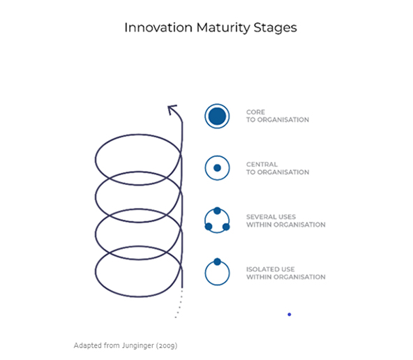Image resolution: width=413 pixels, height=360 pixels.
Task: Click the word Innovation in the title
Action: pos(158,27)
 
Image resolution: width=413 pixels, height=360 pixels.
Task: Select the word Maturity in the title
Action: pos(223,28)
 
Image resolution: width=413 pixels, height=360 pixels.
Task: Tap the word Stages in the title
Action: pos(276,28)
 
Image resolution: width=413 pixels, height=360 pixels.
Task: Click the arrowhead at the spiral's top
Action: pos(172,110)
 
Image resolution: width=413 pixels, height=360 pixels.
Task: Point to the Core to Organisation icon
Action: pos(217,116)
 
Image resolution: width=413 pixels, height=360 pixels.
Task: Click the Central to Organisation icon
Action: pos(217,167)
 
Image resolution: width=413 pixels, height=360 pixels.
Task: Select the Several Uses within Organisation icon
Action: pos(217,220)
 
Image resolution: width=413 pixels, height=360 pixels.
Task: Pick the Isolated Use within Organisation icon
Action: pos(217,272)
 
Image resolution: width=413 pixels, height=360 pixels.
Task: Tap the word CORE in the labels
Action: pos(255,112)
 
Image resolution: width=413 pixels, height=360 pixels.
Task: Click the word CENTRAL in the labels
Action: pos(262,165)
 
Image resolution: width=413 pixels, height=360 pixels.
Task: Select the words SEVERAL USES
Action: pos(271,217)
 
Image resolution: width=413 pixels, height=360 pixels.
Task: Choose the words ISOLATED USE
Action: pos(270,269)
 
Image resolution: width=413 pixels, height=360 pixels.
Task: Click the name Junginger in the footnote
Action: pos(138,345)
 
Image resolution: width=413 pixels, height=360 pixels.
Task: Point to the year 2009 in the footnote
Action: pos(167,345)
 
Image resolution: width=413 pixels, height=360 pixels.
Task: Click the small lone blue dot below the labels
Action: pos(290,315)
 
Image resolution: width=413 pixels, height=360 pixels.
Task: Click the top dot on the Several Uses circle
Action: pos(217,211)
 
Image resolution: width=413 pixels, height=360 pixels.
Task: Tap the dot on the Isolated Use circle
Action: pos(217,262)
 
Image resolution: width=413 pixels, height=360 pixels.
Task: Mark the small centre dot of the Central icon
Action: pos(217,167)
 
